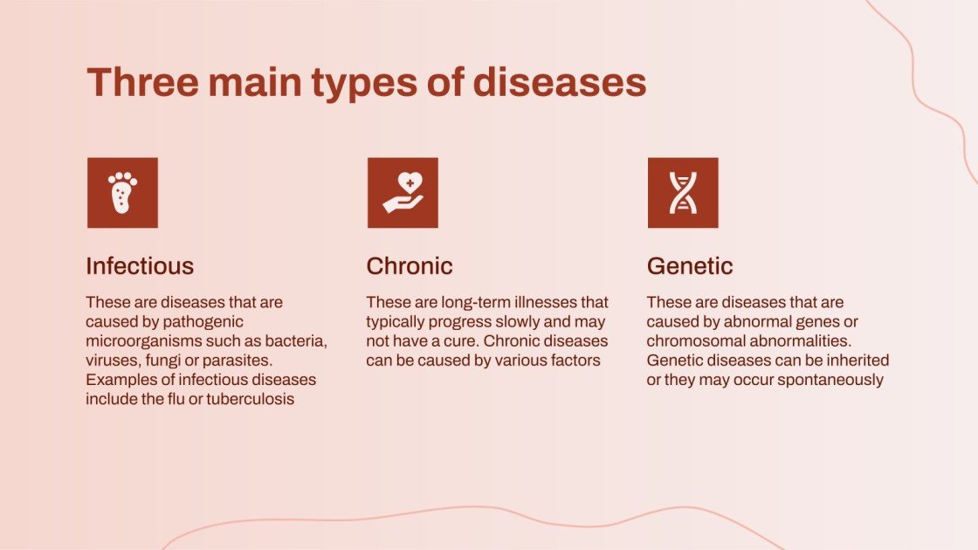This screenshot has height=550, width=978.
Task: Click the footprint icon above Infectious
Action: click(x=122, y=193)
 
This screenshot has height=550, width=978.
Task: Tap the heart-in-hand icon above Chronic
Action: click(x=403, y=193)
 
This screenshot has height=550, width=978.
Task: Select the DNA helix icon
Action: click(x=683, y=193)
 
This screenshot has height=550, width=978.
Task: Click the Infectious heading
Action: click(x=140, y=265)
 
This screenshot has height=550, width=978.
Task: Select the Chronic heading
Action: click(x=410, y=265)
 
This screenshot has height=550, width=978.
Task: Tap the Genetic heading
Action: click(x=690, y=265)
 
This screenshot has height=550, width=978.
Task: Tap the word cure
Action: click(x=445, y=341)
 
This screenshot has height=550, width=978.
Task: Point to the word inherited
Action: click(x=857, y=361)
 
